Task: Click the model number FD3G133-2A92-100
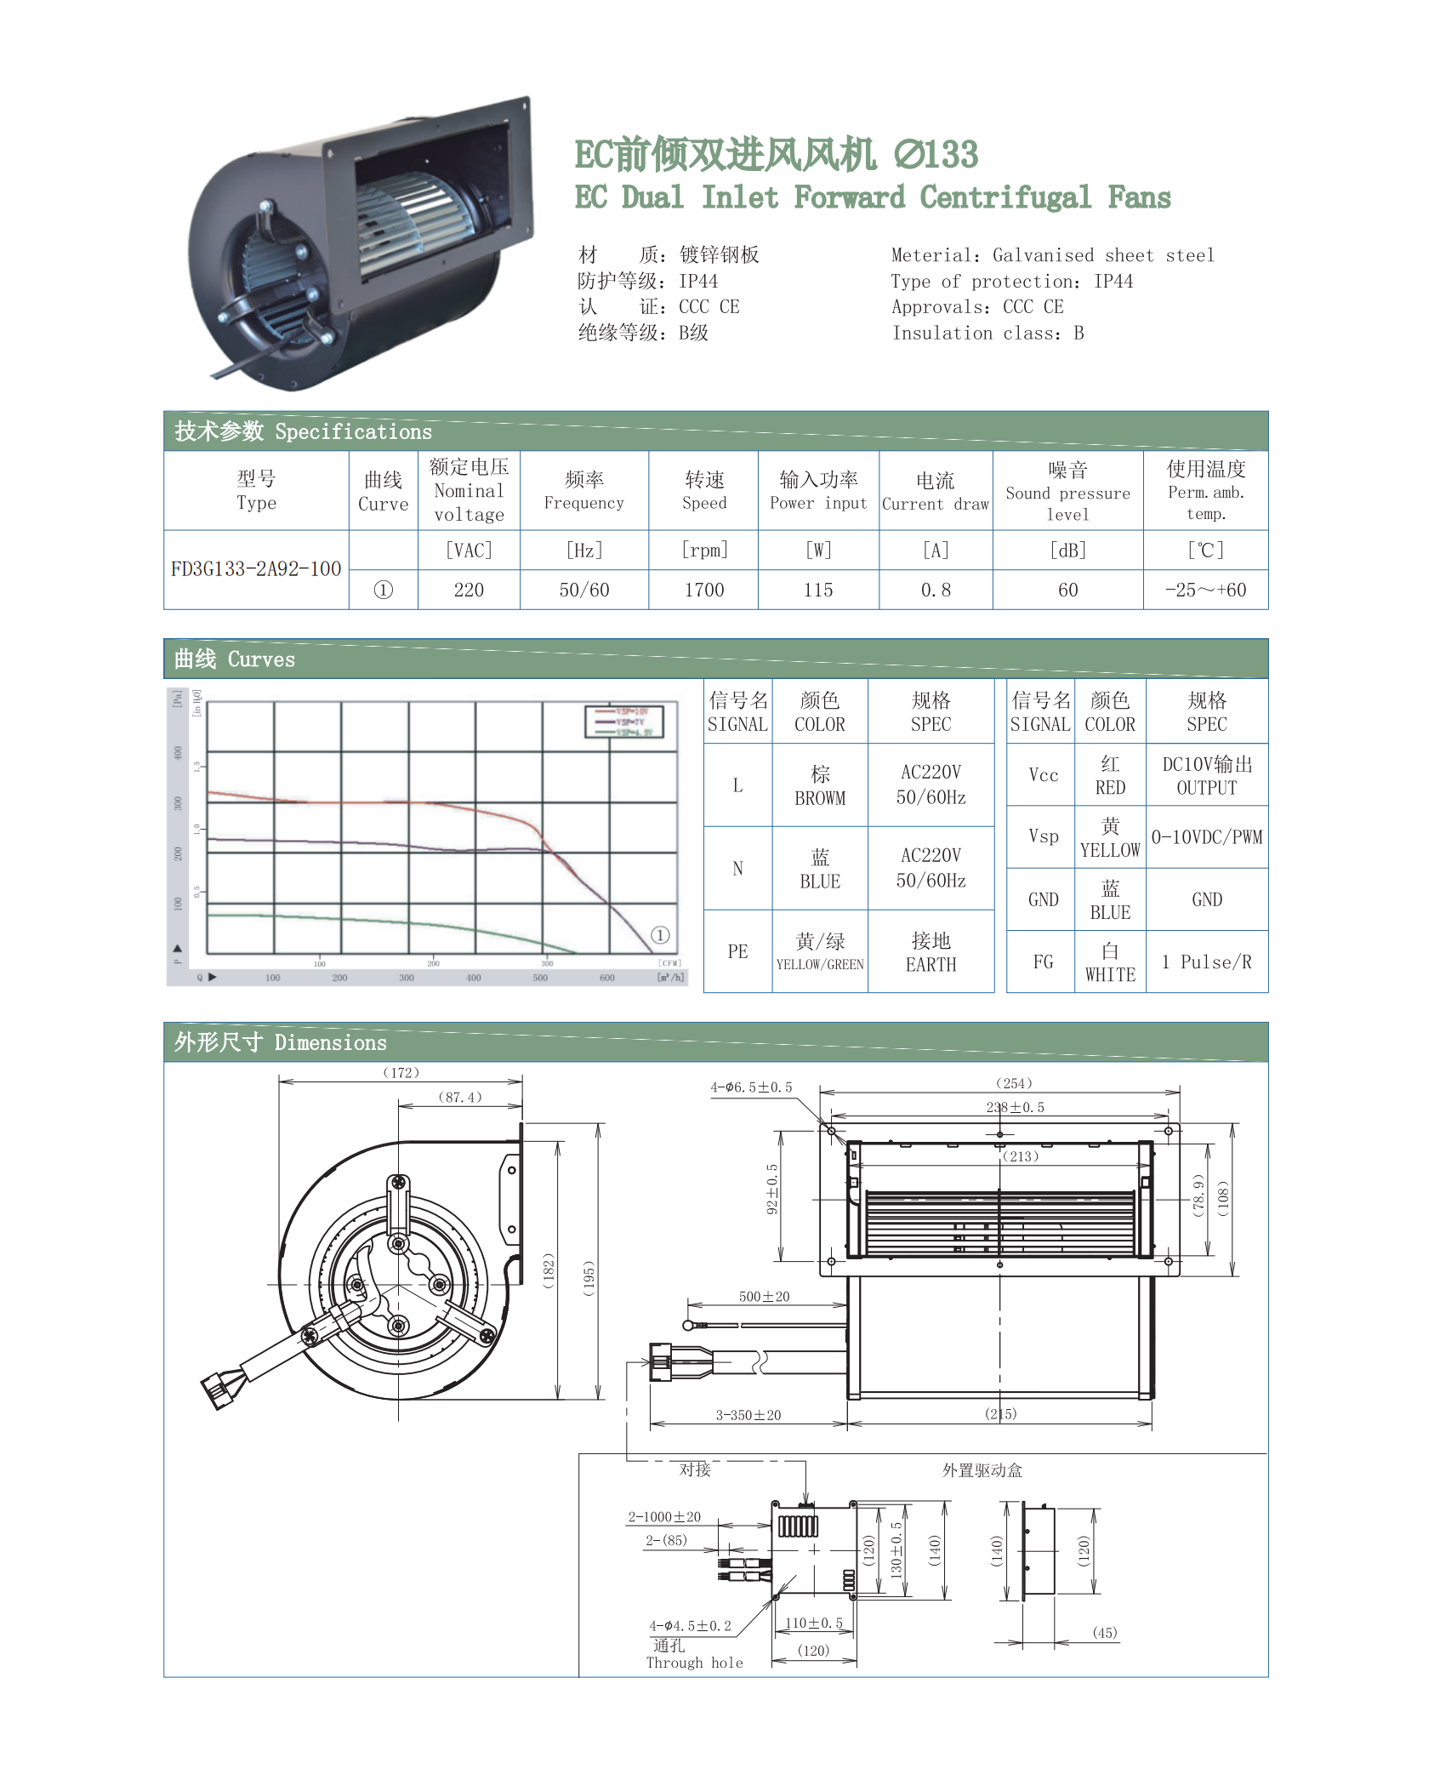256,569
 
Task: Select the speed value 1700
704,590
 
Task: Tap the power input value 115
818,590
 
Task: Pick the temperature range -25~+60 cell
1205,590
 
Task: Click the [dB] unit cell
1067,551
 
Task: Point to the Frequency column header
584,491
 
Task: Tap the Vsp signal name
1043,836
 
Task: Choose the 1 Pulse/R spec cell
1206,962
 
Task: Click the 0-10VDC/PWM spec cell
1206,837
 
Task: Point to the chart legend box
623,722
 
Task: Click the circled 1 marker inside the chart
660,935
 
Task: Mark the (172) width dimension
401,1073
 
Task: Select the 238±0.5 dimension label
1015,1107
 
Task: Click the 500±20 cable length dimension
764,1297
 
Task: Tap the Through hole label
694,1663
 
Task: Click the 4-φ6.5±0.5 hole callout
751,1087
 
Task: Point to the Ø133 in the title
936,155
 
